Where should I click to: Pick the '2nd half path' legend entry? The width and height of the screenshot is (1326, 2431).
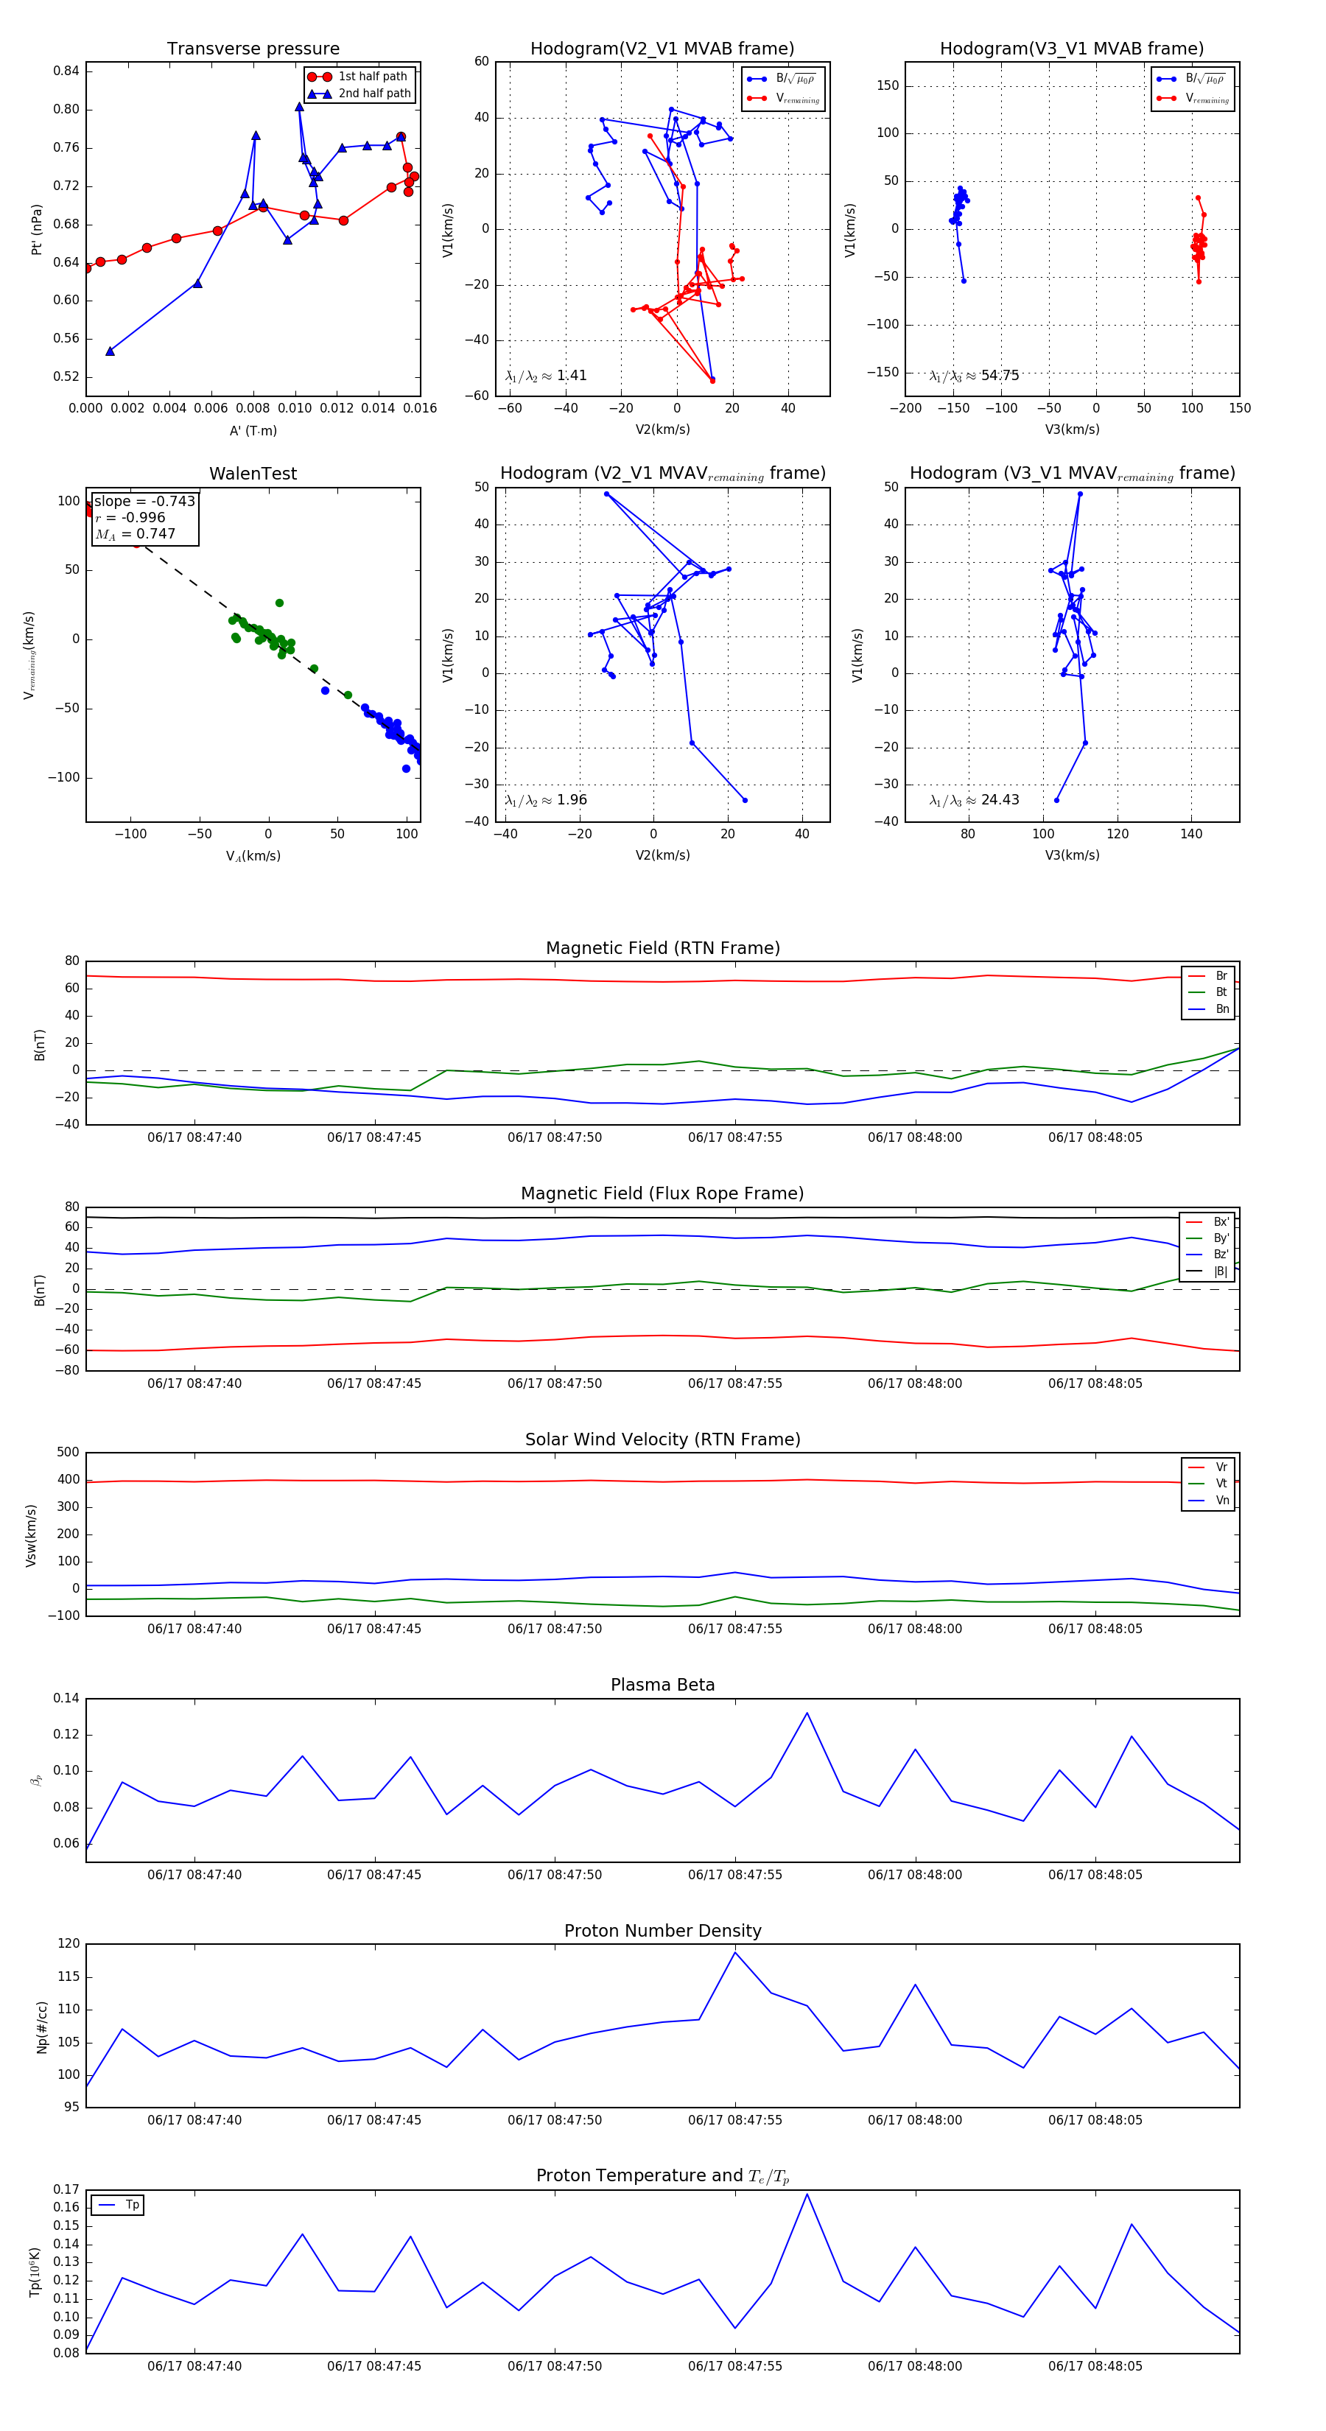(373, 94)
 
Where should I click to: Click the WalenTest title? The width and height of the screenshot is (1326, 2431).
(253, 474)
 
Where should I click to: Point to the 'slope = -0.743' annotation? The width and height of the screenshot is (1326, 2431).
(144, 501)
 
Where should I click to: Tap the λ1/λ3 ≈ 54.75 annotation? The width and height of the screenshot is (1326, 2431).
(974, 376)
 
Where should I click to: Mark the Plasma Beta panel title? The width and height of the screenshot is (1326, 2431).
(662, 1685)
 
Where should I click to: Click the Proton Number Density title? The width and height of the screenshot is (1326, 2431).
(662, 1931)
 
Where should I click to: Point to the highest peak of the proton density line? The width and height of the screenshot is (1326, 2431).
(735, 1951)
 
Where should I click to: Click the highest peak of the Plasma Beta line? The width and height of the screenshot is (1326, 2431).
(807, 1713)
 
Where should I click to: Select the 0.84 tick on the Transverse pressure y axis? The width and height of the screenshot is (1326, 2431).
(66, 71)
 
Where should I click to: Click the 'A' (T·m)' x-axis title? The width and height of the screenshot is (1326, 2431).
(253, 431)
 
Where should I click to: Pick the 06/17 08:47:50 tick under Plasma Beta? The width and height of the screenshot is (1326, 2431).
(554, 1874)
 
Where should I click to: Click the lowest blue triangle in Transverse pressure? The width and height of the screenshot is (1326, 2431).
(110, 351)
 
